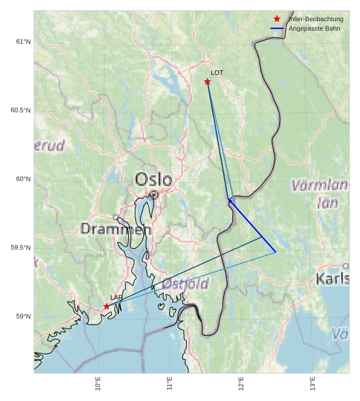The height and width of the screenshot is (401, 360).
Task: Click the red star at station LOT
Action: point(207,81)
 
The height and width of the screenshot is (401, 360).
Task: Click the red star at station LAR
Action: point(106,306)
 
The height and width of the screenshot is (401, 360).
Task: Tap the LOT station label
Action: point(217,72)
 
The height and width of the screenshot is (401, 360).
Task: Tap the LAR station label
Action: point(116,297)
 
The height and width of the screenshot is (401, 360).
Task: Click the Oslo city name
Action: point(154,179)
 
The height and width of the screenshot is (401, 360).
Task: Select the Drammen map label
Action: point(116,229)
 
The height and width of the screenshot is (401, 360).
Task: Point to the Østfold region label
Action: point(185,284)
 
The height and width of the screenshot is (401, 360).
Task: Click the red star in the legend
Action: point(277,19)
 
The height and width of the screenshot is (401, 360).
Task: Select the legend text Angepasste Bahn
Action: point(314,28)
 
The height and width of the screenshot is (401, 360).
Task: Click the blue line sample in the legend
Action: point(277,28)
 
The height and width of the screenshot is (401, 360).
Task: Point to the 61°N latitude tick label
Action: point(24,41)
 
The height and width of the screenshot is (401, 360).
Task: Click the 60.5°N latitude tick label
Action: point(21,110)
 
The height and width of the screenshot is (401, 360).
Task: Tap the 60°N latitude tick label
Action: point(24,179)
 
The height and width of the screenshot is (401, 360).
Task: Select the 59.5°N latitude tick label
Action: point(21,247)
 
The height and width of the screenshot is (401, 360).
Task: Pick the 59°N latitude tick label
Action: point(24,316)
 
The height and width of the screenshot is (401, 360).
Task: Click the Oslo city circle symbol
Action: point(154,194)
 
